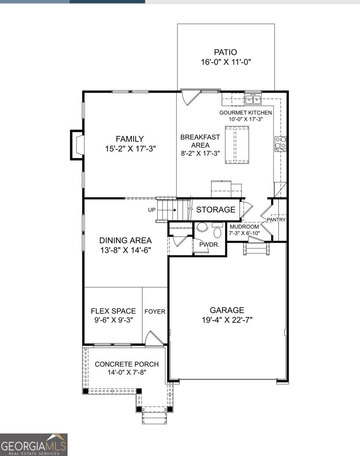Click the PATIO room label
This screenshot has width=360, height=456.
(x=225, y=52)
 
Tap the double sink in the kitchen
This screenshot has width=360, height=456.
(x=253, y=99)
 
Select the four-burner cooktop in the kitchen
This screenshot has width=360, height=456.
(x=280, y=144)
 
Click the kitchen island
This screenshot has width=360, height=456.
(x=237, y=145)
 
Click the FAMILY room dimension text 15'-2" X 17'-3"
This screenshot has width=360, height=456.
(x=131, y=149)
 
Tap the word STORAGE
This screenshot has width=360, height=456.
(x=216, y=210)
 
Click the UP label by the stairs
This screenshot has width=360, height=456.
(x=152, y=210)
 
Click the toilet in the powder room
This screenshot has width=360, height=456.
(x=217, y=230)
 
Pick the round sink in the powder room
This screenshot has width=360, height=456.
(x=202, y=227)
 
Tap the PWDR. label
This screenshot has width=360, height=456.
(x=209, y=245)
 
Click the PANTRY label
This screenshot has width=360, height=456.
(x=276, y=220)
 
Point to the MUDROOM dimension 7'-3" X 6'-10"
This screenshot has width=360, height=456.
(x=245, y=233)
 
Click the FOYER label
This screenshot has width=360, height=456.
(x=155, y=312)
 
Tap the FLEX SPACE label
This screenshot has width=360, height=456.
(x=113, y=311)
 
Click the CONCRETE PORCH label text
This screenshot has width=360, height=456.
(x=126, y=364)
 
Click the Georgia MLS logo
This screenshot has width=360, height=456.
(x=34, y=445)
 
